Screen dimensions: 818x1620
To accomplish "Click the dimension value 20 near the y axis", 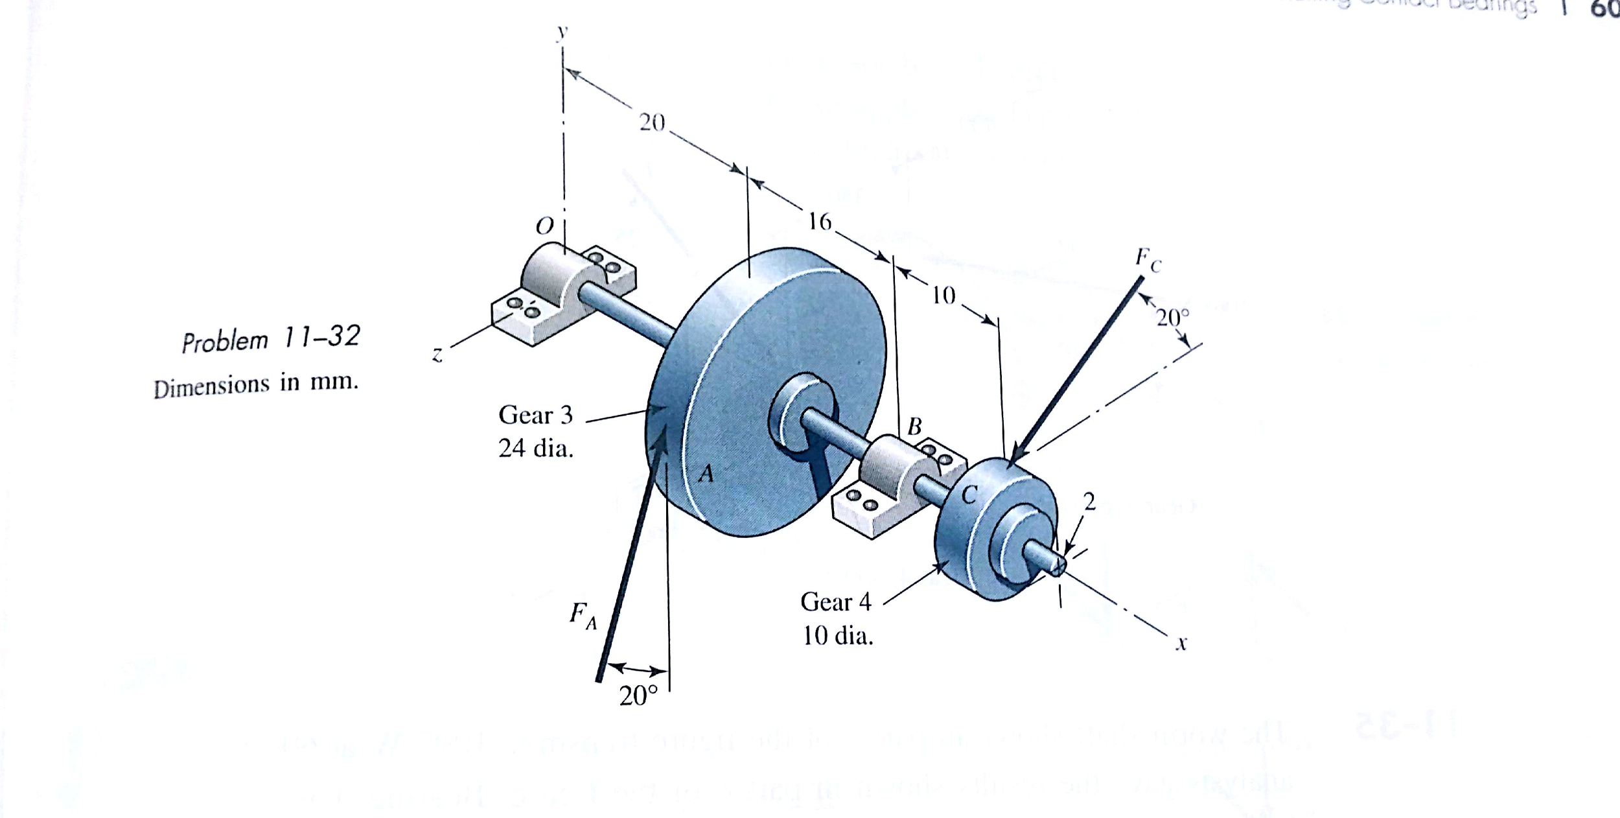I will coord(652,123).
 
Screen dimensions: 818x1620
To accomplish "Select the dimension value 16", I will coord(820,222).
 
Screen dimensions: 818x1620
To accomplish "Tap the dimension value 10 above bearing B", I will coord(943,296).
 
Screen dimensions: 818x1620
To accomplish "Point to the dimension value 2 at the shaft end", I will coord(1089,501).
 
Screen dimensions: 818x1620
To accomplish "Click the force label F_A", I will coord(583,615).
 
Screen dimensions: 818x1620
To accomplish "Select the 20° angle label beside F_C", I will coord(1174,318).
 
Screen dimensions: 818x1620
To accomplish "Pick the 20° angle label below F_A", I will coord(638,696).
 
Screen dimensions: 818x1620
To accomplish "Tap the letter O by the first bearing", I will coord(545,226).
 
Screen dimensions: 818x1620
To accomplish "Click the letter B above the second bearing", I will coord(914,427).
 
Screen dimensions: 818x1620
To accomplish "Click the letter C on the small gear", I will coord(969,495).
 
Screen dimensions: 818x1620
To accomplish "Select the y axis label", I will coord(562,31).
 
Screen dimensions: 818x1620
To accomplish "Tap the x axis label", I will coord(1181,644).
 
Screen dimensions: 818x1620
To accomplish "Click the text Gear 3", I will coord(535,415).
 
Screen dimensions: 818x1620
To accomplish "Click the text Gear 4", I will coord(836,602).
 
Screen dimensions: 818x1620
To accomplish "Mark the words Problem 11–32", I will coord(270,339).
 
